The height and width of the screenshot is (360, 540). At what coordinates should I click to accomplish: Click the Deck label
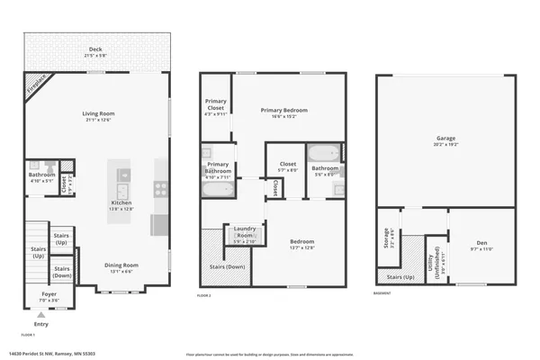95,49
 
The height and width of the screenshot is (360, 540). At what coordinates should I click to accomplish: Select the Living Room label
98,113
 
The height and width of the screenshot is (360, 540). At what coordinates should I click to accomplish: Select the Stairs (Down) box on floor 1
62,270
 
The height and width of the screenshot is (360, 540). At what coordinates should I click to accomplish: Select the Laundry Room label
245,230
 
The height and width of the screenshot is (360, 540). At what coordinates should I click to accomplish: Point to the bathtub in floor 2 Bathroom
324,152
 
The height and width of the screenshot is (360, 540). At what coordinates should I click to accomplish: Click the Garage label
446,139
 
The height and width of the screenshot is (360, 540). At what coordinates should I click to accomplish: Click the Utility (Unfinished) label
436,262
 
